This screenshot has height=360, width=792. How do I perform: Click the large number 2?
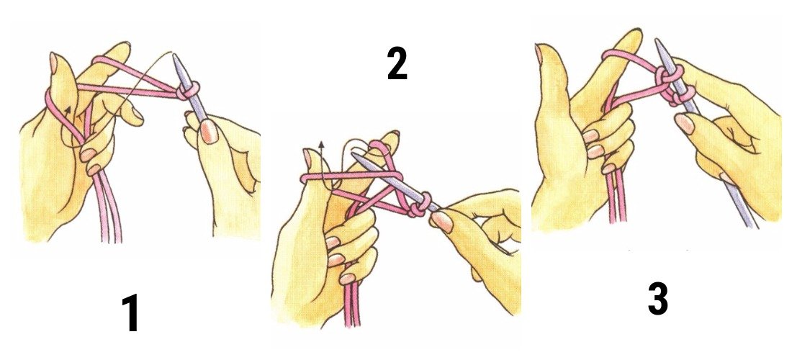coord(397,66)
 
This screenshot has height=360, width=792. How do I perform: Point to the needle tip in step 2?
coord(354,161)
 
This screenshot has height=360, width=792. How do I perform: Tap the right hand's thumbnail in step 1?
coord(210,131)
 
